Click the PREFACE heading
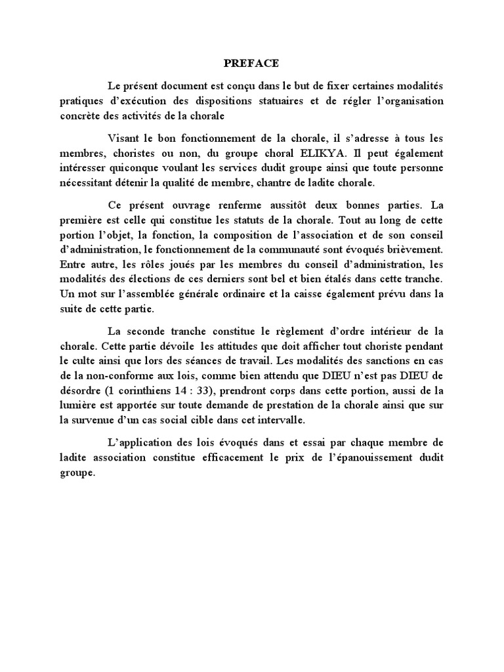tap(252, 64)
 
